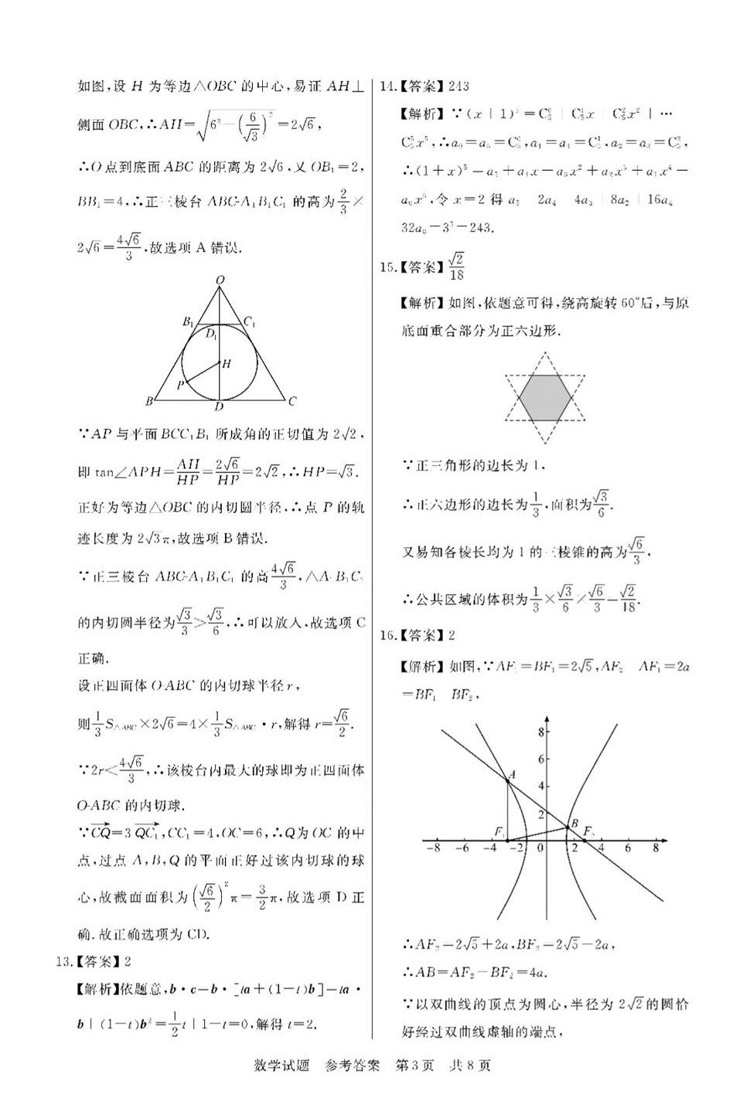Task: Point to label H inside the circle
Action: point(227,363)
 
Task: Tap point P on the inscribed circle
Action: point(180,384)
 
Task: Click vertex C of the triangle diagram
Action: point(291,401)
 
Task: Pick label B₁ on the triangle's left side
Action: point(187,321)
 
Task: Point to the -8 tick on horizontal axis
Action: point(434,848)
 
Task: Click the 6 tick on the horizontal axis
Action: point(628,848)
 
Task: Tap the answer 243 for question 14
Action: point(459,86)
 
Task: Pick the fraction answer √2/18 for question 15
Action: point(457,267)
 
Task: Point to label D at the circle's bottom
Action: point(220,407)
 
